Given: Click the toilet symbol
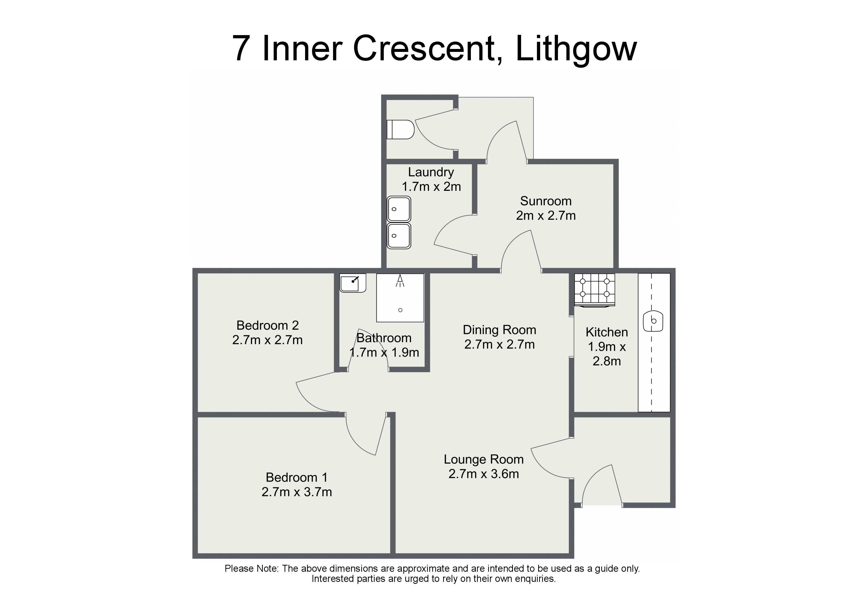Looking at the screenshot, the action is click(x=400, y=130).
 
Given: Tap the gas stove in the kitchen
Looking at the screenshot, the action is click(x=595, y=290).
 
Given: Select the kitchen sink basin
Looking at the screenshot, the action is click(x=653, y=321).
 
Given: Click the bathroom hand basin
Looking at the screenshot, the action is click(x=353, y=283).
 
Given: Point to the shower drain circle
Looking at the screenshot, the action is click(x=400, y=310).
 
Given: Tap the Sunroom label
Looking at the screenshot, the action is click(x=546, y=201).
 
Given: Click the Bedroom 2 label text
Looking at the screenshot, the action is click(x=268, y=325).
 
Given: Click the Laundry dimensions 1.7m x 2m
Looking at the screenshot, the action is click(x=431, y=187).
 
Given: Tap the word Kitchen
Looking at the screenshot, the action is click(x=607, y=332).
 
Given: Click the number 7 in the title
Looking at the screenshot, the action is click(x=241, y=48).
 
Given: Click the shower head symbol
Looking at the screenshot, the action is click(x=400, y=281).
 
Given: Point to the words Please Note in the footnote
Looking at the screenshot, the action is click(x=251, y=569).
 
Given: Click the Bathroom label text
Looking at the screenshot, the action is click(x=384, y=338).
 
